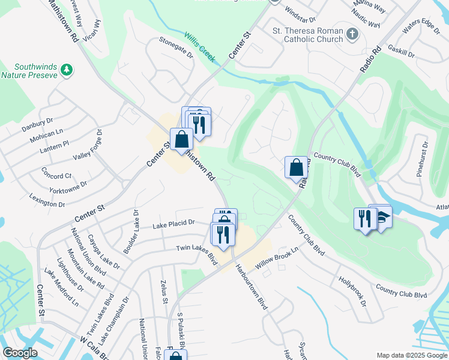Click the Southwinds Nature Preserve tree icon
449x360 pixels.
pyautogui.click(x=67, y=71)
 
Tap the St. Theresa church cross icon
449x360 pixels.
pyautogui.click(x=352, y=35)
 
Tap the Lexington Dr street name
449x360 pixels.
pyautogui.click(x=46, y=200)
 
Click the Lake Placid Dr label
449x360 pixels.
pyautogui.click(x=173, y=223)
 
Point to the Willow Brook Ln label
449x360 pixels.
pyautogui.click(x=277, y=257)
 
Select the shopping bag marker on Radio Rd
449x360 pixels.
pyautogui.click(x=296, y=167)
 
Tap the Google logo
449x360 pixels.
pyautogui.click(x=20, y=353)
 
